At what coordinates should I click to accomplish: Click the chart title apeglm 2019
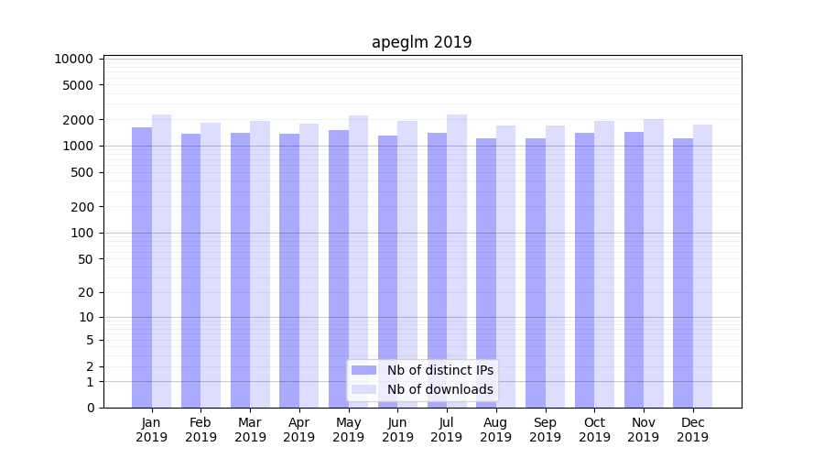pos(421,42)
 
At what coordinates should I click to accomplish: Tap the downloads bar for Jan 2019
pos(161,261)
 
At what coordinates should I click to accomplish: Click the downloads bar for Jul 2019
pos(456,261)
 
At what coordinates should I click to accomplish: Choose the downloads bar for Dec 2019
pos(702,266)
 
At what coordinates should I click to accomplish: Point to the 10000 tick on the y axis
pos(74,59)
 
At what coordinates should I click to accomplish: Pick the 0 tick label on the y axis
pos(90,408)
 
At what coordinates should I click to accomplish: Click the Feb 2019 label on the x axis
pos(201,430)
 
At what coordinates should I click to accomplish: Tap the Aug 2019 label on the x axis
pos(495,430)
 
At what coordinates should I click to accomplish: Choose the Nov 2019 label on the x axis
pos(643,430)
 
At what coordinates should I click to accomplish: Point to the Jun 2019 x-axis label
pos(397,430)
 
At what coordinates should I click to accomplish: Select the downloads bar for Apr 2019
pos(309,266)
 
